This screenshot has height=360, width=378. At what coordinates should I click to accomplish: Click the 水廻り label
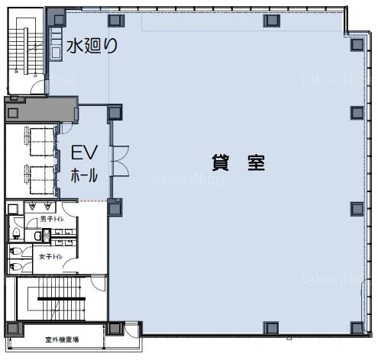coord(92,46)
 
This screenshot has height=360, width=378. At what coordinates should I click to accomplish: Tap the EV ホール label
coord(84,163)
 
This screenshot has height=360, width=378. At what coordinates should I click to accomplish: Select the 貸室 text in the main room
coord(238,162)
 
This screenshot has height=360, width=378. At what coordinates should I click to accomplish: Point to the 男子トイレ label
coord(52,219)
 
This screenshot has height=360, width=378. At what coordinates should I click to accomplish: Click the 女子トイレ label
coord(50,257)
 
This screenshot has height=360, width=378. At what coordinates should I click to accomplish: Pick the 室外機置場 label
coord(62,339)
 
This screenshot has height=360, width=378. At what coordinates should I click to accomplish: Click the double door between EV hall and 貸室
coord(121,161)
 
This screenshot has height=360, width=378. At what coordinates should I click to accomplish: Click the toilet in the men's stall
coord(16,233)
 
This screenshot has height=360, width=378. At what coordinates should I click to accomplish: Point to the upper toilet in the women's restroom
coord(16,252)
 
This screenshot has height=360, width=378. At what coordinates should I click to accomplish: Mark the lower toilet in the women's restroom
coord(16,267)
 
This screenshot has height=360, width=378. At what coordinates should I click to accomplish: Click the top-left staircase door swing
coord(37,87)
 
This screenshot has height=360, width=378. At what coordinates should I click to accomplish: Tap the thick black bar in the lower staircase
coord(62,299)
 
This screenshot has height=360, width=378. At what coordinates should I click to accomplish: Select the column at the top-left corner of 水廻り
coord(59,20)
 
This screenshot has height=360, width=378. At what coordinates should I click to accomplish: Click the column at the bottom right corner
coord(357,328)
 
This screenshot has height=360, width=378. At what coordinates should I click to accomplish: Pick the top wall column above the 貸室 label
coord(272,21)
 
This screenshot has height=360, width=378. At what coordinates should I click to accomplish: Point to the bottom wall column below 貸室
coord(270,327)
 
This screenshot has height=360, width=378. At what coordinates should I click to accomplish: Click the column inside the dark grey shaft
coord(12,113)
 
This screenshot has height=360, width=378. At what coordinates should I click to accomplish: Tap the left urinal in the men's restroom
coord(32,206)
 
